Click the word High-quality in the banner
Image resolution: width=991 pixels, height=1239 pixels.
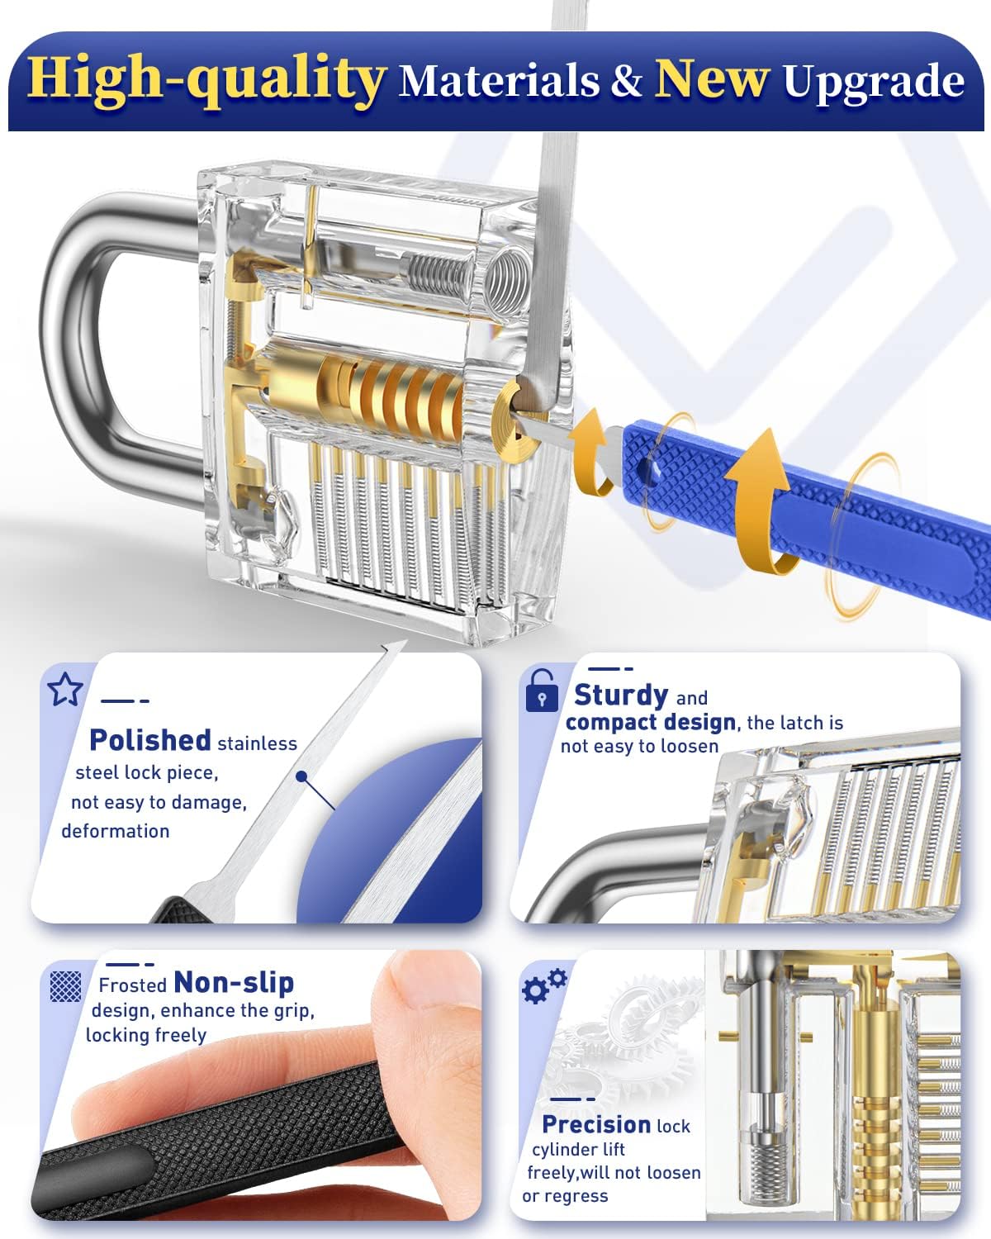[x=206, y=81]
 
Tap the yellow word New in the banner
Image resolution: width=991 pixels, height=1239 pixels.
[x=713, y=78]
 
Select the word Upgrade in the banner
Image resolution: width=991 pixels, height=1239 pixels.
[x=874, y=82]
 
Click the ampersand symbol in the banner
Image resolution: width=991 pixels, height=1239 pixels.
[x=626, y=80]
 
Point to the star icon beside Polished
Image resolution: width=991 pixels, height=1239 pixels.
[x=64, y=689]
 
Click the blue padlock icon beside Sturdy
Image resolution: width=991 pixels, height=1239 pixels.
[x=541, y=691]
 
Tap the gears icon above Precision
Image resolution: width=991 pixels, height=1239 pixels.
[x=543, y=985]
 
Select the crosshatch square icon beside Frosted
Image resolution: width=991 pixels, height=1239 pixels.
[x=65, y=985]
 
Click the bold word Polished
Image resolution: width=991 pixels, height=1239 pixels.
[x=150, y=740]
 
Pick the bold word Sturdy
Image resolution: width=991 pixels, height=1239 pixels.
[x=621, y=695]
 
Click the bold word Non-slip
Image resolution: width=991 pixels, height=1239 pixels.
[x=234, y=982]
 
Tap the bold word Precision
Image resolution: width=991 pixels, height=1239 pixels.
[x=596, y=1124]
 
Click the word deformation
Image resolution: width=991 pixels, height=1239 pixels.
[x=115, y=831]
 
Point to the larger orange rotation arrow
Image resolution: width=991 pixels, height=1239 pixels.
[x=760, y=501]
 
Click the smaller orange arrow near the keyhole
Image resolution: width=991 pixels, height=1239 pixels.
[x=591, y=452]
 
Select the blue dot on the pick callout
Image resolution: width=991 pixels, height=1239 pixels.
[x=301, y=776]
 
